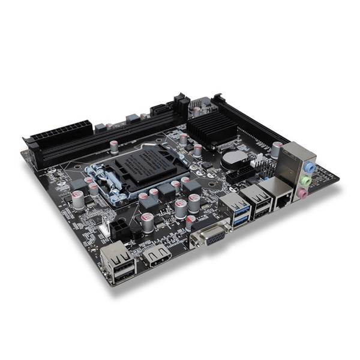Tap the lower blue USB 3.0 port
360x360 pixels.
point(238,222)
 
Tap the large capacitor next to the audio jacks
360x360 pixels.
point(277,149)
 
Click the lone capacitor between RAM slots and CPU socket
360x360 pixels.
point(113,145)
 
